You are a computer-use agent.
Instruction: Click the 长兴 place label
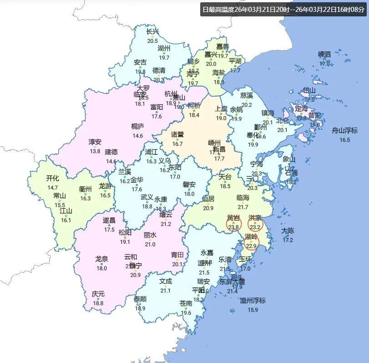pos(153,32)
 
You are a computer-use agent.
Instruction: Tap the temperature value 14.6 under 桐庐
pos(137,136)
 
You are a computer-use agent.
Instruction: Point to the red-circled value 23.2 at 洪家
pos(255,227)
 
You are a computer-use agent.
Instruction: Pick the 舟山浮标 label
pos(345,130)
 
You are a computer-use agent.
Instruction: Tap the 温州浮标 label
pos(253,301)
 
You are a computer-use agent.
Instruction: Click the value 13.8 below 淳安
pos(95,151)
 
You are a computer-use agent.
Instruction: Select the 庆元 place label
pos(98,294)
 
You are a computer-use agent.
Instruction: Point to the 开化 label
pos(53,179)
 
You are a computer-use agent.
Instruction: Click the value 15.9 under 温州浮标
pos(253,310)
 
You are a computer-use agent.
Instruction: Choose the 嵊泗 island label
pos(324,55)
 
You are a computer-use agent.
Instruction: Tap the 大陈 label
pos(288,231)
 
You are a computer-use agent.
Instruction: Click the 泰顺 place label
pos(140,299)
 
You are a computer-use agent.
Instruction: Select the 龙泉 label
pos(101,259)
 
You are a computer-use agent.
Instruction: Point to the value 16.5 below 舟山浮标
pos(345,140)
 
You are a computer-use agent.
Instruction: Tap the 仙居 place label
pos(208,199)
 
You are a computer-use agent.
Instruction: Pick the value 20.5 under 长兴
pos(153,41)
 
